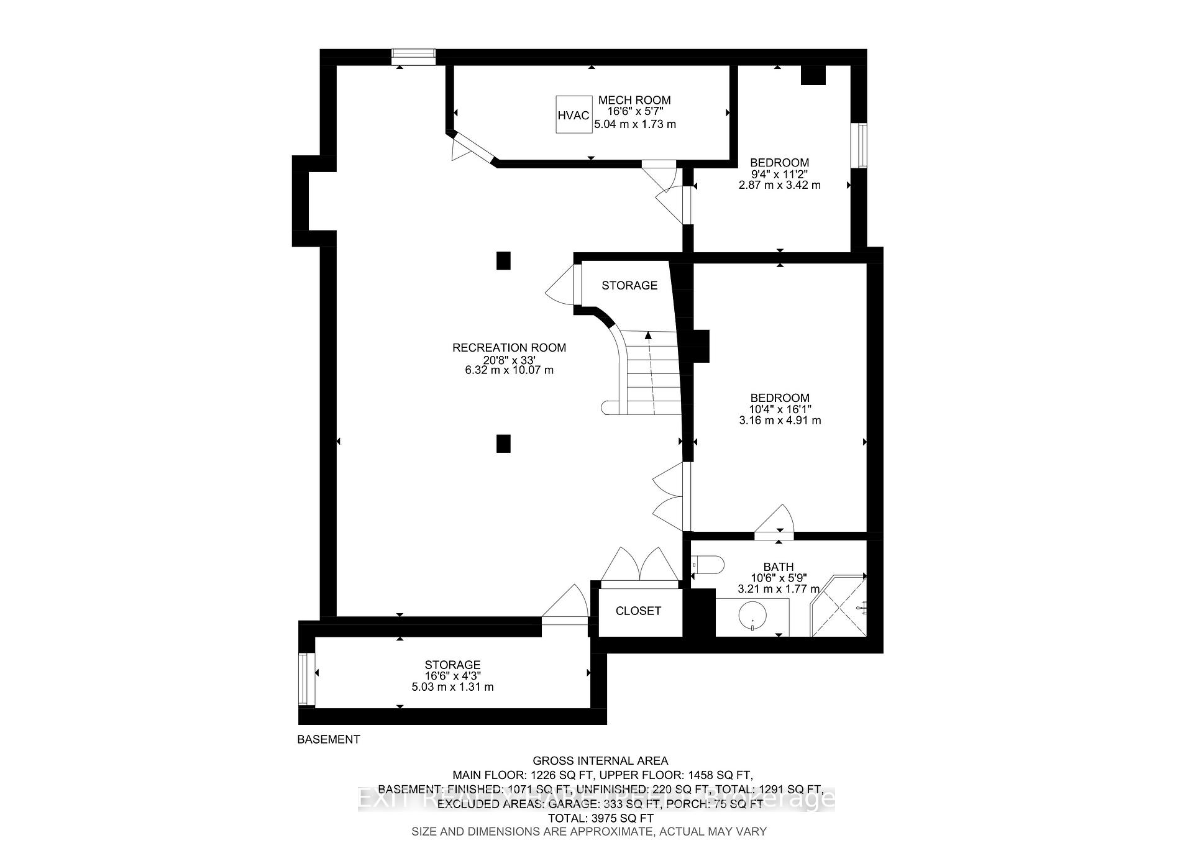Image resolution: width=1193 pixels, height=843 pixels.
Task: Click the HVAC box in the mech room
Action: (573, 114)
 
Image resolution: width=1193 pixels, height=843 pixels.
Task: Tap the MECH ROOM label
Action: (634, 100)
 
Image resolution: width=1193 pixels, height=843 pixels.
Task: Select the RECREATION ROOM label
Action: (509, 348)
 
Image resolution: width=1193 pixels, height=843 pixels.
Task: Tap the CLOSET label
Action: (638, 611)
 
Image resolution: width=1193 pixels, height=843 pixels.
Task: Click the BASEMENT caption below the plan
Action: (329, 739)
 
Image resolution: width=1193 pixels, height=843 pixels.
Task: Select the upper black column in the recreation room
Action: (503, 260)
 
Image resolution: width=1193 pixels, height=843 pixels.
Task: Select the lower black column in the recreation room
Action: (503, 444)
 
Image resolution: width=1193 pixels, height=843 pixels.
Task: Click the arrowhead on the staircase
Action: (648, 336)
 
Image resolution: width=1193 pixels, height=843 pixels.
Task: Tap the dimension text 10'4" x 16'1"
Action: (780, 409)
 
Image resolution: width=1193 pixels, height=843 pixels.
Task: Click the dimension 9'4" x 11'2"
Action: (779, 174)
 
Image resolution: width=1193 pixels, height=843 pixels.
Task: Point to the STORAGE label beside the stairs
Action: (629, 285)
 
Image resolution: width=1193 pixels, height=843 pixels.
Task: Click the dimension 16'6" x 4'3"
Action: (452, 676)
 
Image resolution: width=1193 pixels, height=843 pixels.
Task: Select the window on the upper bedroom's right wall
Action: (862, 145)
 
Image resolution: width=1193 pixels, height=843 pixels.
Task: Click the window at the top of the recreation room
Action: (413, 57)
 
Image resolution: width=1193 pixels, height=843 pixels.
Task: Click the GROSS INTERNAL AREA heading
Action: (600, 760)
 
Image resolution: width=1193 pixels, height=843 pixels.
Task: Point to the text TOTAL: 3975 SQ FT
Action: (600, 818)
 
